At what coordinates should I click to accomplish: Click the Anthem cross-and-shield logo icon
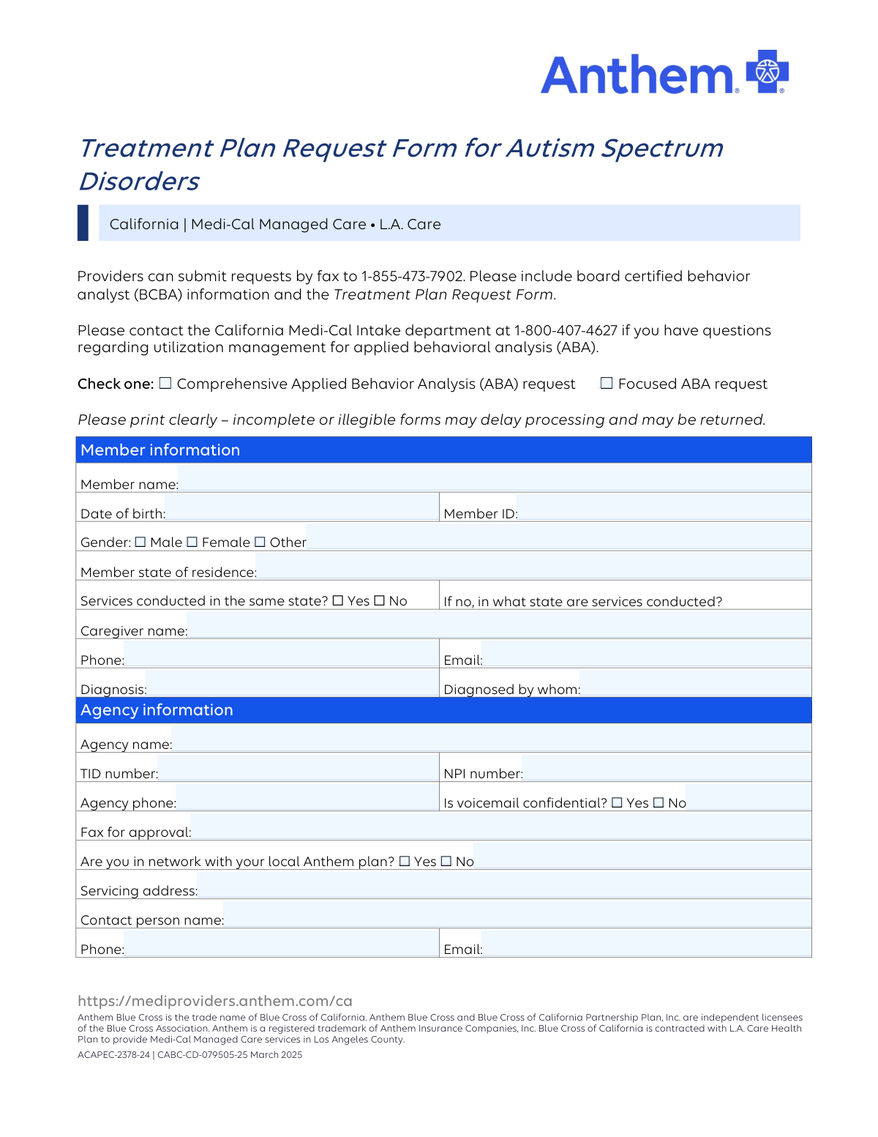(767, 72)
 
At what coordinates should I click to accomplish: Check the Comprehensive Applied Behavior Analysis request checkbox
(165, 383)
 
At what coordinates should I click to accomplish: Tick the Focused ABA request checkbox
(607, 383)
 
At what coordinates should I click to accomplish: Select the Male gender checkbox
(140, 542)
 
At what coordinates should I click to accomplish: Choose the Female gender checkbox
(192, 542)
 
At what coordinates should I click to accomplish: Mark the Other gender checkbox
(260, 542)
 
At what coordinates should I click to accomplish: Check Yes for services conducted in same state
(338, 600)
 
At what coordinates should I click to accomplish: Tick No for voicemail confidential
(658, 802)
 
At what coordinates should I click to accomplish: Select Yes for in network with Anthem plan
(405, 861)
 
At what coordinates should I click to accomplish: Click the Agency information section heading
(157, 710)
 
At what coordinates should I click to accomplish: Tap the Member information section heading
(160, 450)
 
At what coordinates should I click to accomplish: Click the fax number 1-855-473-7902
(413, 277)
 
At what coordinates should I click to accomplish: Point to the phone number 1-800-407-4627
(566, 330)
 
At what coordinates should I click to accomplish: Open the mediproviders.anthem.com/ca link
(215, 1001)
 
